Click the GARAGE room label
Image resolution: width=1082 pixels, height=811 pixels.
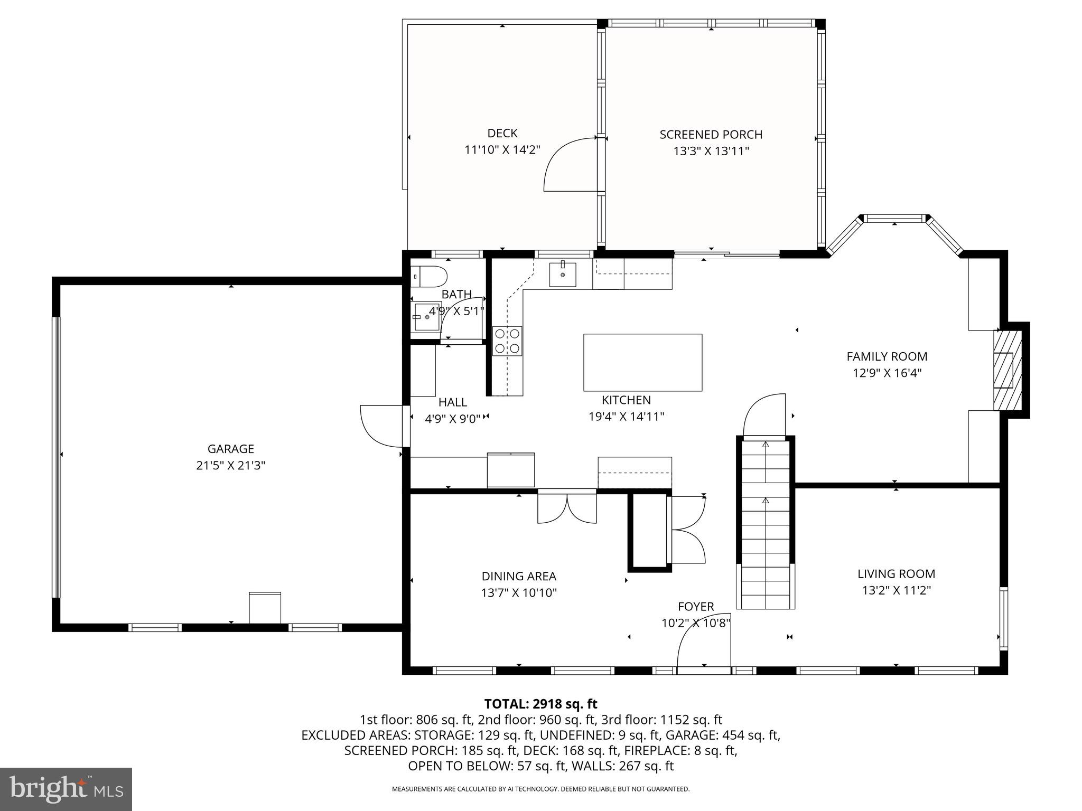click(230, 449)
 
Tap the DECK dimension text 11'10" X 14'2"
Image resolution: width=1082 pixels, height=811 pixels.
click(502, 150)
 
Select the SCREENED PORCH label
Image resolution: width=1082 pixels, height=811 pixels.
click(711, 135)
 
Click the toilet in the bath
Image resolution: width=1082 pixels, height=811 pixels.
click(429, 276)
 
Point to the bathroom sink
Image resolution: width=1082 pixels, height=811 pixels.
click(426, 316)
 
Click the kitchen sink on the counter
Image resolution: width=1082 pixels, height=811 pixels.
click(563, 274)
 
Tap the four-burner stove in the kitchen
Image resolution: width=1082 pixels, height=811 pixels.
click(507, 341)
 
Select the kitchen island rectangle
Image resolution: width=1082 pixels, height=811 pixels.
click(642, 362)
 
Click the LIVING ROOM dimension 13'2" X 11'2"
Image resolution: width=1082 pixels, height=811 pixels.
click(896, 590)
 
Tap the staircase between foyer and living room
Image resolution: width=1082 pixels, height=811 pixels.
click(766, 528)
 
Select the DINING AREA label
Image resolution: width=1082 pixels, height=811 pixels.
click(519, 576)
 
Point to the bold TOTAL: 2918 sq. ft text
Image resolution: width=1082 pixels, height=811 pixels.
click(540, 704)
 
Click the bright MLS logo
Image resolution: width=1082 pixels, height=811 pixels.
click(66, 789)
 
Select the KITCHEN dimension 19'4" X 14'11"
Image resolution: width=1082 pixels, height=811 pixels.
click(626, 417)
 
